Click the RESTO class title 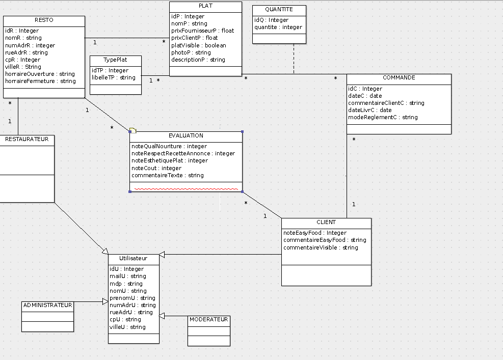click(x=44, y=20)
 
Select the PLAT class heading click(x=205, y=6)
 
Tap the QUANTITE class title click(x=279, y=10)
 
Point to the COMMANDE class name click(x=399, y=77)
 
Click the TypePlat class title click(x=115, y=60)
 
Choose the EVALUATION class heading click(x=186, y=135)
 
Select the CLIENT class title click(x=326, y=222)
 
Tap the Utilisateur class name click(x=134, y=258)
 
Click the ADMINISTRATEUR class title click(x=48, y=305)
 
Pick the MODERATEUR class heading click(x=209, y=320)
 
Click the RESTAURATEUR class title click(x=27, y=139)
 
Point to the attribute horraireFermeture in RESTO click(x=40, y=81)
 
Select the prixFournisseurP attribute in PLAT click(x=203, y=31)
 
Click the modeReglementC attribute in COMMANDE click(x=383, y=117)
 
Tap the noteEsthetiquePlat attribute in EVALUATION click(x=170, y=160)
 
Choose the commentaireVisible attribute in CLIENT click(x=321, y=247)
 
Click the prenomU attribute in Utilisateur click(x=133, y=298)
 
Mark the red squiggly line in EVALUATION click(x=186, y=189)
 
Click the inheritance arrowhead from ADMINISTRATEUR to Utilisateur click(x=105, y=301)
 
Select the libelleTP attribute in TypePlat click(x=114, y=77)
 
